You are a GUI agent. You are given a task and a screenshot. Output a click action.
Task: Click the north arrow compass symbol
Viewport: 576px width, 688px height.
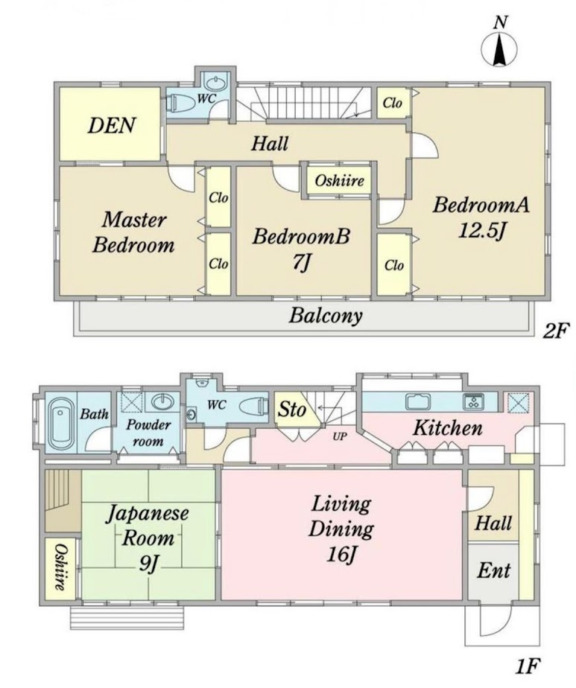click(x=499, y=50)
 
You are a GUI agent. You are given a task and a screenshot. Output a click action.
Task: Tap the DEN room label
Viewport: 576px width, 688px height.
click(x=112, y=126)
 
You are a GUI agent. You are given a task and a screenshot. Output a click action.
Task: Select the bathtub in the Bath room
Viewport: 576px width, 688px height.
click(x=61, y=424)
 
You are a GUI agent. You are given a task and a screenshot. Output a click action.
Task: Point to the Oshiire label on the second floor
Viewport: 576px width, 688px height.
click(x=339, y=180)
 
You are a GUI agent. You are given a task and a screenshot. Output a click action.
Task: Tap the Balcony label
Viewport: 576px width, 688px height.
click(x=326, y=316)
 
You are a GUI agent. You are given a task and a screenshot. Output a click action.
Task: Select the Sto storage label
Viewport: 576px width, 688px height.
click(x=292, y=410)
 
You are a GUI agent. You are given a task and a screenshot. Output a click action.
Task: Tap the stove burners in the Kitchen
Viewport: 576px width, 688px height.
click(x=474, y=401)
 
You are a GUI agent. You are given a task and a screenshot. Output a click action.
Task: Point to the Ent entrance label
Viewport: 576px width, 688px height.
click(x=493, y=571)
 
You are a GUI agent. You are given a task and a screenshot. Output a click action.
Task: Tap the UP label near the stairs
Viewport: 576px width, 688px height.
click(x=339, y=437)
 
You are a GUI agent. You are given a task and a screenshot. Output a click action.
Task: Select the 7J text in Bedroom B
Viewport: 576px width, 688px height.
click(x=302, y=262)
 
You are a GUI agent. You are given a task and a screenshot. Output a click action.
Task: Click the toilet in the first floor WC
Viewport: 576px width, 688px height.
click(x=254, y=407)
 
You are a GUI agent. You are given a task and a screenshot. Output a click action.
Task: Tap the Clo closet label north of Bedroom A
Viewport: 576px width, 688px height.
click(x=392, y=103)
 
